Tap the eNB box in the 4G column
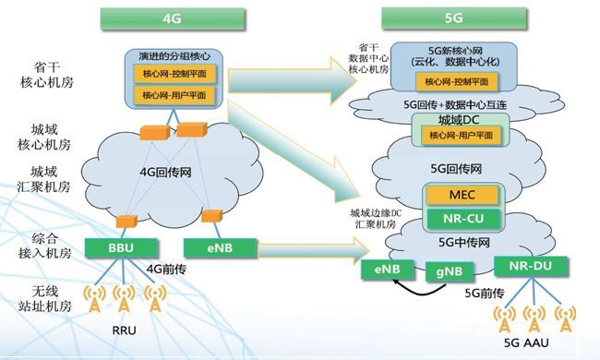pos(209,247)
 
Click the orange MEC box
pos(462,196)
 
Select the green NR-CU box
pos(462,219)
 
